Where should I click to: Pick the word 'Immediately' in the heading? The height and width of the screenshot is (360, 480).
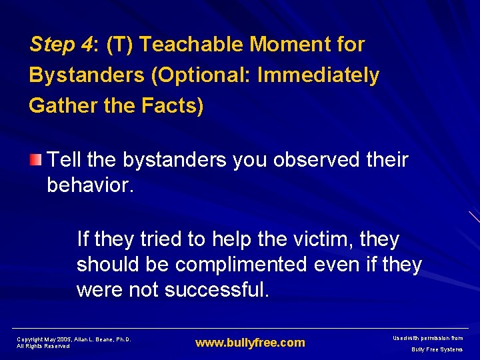click(x=318, y=75)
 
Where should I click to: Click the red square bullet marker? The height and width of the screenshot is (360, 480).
click(x=35, y=159)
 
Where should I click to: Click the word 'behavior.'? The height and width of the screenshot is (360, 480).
click(x=91, y=185)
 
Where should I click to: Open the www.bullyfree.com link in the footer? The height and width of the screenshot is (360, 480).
click(x=250, y=343)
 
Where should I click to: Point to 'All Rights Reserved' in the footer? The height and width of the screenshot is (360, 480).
click(x=43, y=346)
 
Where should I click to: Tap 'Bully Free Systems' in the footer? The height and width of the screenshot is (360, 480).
click(x=437, y=349)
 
